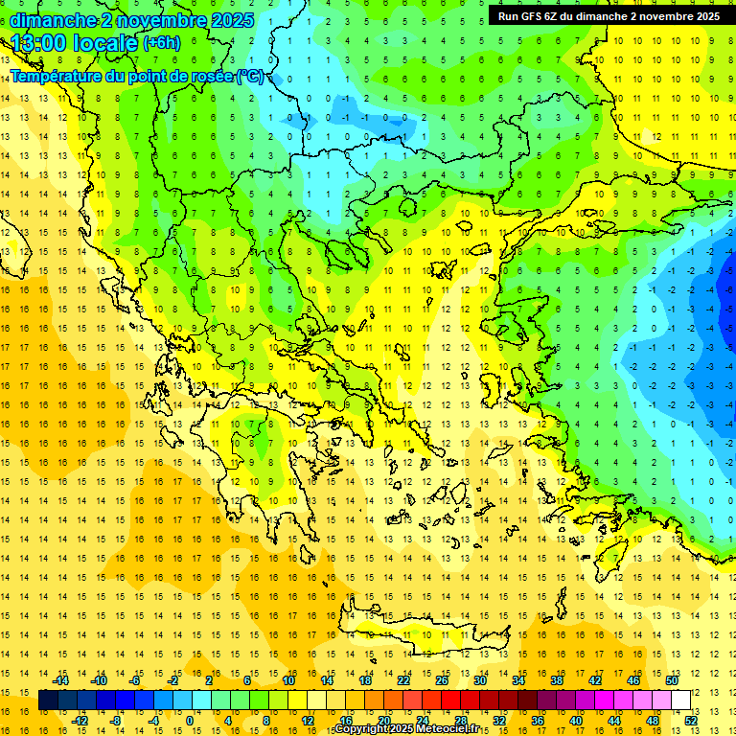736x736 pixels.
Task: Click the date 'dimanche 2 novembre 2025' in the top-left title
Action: (132, 20)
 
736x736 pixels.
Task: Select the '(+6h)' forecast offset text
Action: (161, 43)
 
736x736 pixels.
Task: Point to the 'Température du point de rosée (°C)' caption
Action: (139, 76)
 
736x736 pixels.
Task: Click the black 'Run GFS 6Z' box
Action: (609, 15)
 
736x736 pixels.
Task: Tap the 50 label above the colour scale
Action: (671, 680)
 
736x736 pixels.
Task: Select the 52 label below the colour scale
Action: (690, 721)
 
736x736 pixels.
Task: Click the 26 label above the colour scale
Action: (442, 680)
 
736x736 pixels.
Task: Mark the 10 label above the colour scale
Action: (288, 680)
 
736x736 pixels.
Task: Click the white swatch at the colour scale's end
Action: (680, 701)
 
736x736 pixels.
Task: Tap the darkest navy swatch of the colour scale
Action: (49, 701)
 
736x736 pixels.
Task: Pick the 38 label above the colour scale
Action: (557, 680)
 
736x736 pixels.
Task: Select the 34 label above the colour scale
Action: (518, 680)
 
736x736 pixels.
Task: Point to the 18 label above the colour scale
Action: (365, 680)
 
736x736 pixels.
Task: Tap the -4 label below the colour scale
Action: (153, 721)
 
